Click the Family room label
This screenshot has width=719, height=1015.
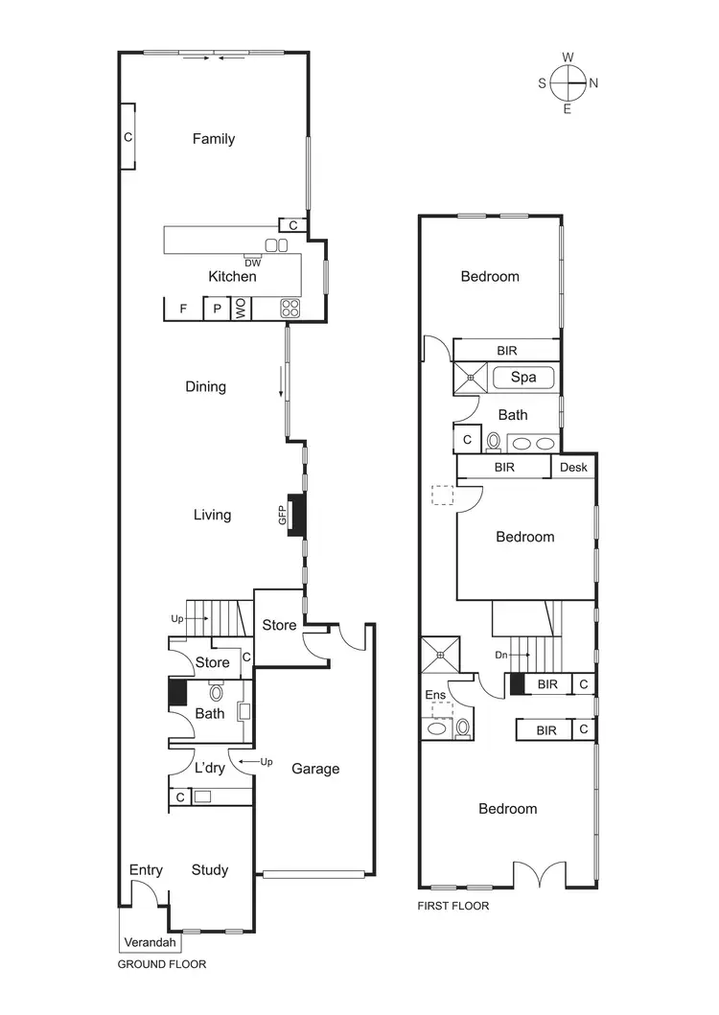(213, 139)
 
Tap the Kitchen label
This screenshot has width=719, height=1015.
(232, 276)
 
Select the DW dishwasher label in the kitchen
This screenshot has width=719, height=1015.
(252, 263)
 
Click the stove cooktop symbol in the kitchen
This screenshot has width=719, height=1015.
(290, 308)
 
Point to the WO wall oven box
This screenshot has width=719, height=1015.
(241, 308)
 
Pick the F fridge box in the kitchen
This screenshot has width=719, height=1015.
(182, 309)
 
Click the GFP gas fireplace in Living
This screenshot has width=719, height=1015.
(296, 515)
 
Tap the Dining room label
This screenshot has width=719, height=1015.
(205, 387)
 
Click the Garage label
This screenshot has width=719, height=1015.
(315, 769)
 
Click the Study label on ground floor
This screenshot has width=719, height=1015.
(209, 870)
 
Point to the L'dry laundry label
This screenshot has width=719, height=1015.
(209, 769)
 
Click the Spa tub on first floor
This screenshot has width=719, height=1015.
(523, 378)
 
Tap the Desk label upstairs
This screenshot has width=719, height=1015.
(573, 468)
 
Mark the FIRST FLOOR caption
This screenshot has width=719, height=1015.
(453, 905)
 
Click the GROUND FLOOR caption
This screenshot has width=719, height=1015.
(161, 964)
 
